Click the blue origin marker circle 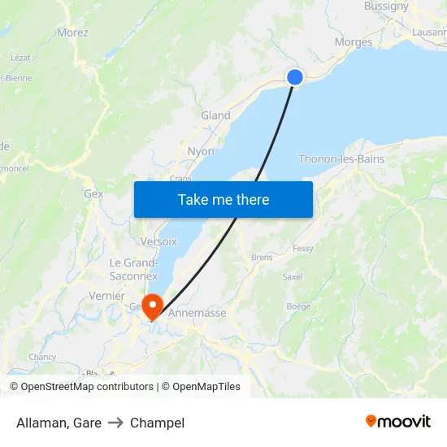coord(295,77)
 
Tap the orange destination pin coord(152,305)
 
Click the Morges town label coord(354,42)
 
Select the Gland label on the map coord(215,115)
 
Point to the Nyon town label coord(201,151)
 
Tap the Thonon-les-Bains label coord(341,159)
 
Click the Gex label coord(93,194)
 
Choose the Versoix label coord(158,241)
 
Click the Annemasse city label coord(197,312)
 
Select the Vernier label coord(106,296)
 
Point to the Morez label coord(72,33)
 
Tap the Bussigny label coord(386,6)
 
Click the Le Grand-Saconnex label coord(134,269)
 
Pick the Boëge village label coord(298,306)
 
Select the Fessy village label coord(303,248)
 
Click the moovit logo coord(398,421)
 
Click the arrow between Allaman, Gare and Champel coord(115,423)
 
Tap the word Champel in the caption coord(157,423)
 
